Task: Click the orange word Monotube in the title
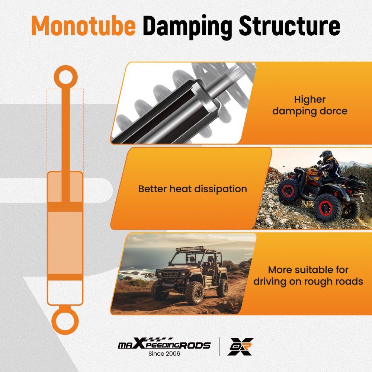(x=83, y=26)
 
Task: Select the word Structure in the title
(x=290, y=26)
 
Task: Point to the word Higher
(x=310, y=100)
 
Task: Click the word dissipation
(x=221, y=189)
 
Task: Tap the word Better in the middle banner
(x=152, y=189)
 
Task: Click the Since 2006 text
(x=164, y=354)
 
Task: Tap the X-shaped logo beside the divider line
(x=240, y=347)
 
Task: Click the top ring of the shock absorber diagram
(x=65, y=77)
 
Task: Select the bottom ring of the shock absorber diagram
(x=65, y=321)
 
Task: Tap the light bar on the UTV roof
(x=190, y=249)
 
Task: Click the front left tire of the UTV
(x=195, y=293)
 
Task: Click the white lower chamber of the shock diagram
(x=65, y=292)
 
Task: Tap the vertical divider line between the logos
(x=220, y=347)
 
